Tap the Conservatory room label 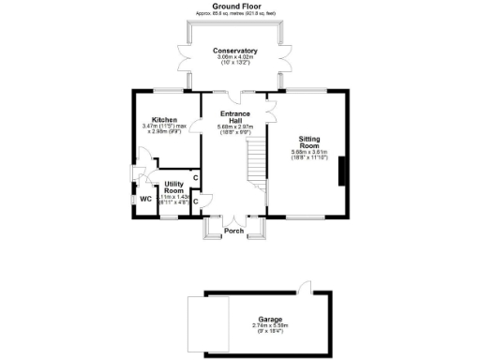(234, 50)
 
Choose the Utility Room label (173, 187)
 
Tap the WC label (145, 199)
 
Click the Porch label (234, 231)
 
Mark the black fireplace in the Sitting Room (341, 172)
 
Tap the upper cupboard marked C (194, 178)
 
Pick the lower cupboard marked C (195, 200)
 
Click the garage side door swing (303, 286)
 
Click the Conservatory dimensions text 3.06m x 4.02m (234, 59)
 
